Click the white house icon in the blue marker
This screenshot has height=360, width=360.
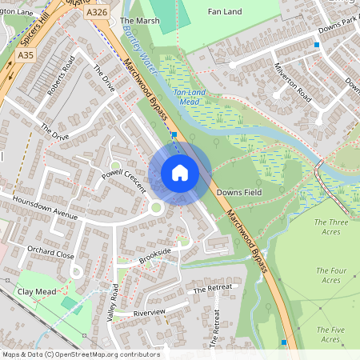click(x=180, y=173)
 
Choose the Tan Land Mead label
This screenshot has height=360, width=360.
click(x=191, y=98)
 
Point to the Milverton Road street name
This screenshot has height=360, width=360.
click(x=292, y=81)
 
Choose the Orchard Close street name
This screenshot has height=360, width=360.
click(x=50, y=254)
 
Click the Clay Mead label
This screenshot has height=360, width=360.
click(x=37, y=292)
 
